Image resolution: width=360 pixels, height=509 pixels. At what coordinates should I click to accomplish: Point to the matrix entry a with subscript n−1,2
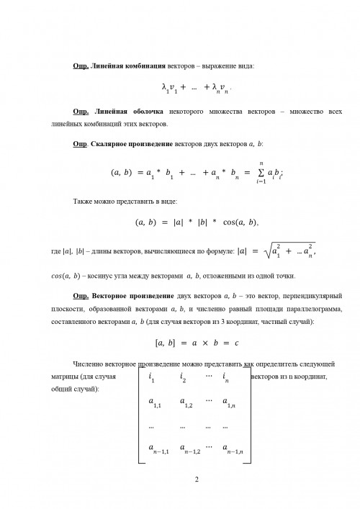189,450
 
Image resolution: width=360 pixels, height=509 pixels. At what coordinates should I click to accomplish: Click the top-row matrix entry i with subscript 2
183,377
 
